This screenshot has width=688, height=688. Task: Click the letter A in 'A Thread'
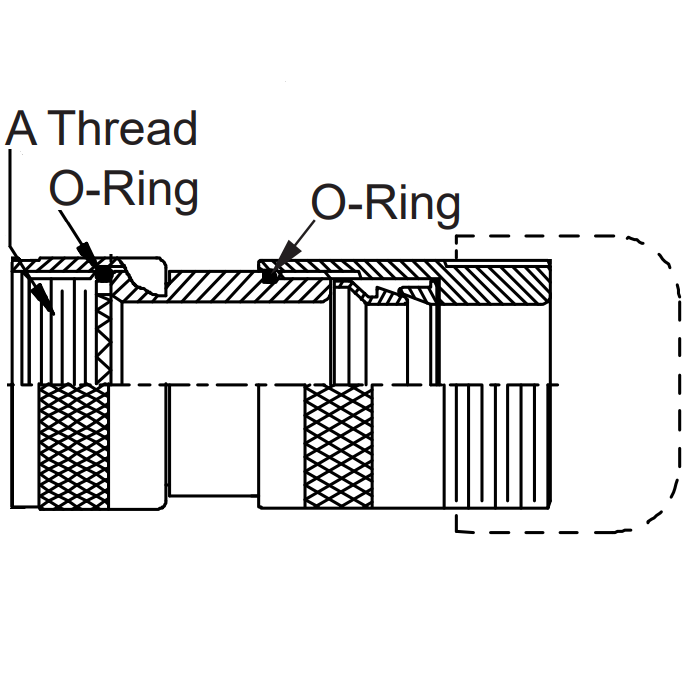pos(23,130)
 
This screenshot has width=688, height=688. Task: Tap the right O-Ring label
pos(386,204)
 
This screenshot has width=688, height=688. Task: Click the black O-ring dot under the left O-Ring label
pos(102,271)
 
